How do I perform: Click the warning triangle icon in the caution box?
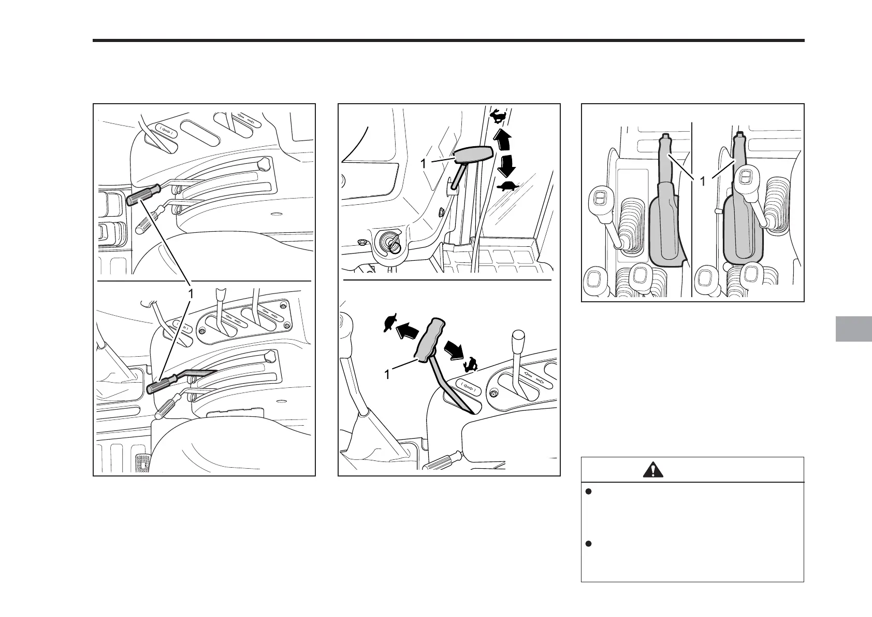pyautogui.click(x=655, y=470)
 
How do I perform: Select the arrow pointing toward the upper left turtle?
pyautogui.click(x=407, y=330)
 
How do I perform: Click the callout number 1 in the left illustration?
pyautogui.click(x=192, y=293)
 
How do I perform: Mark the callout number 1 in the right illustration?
pyautogui.click(x=702, y=181)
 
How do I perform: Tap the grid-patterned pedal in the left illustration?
pyautogui.click(x=142, y=464)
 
